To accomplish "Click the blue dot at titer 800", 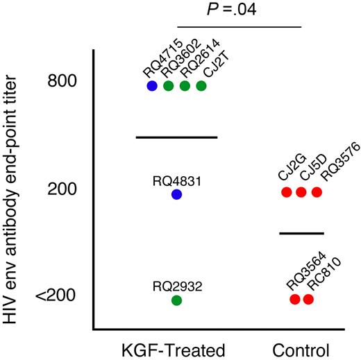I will [152, 86].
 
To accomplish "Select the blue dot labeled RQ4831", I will [176, 195].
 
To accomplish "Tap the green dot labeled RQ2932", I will [176, 300].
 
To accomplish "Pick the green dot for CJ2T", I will [201, 86].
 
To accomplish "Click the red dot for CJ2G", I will [286, 192].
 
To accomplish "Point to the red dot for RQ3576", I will [317, 192].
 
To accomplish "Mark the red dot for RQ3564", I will [294, 300].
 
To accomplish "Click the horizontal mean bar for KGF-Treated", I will [176, 137].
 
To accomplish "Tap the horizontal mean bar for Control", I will [301, 233].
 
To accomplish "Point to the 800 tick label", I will [62, 82].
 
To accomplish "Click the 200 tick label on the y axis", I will [62, 189].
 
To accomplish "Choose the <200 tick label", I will [58, 297].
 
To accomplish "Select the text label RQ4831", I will [177, 181].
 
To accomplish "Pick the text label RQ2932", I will [177, 286].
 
